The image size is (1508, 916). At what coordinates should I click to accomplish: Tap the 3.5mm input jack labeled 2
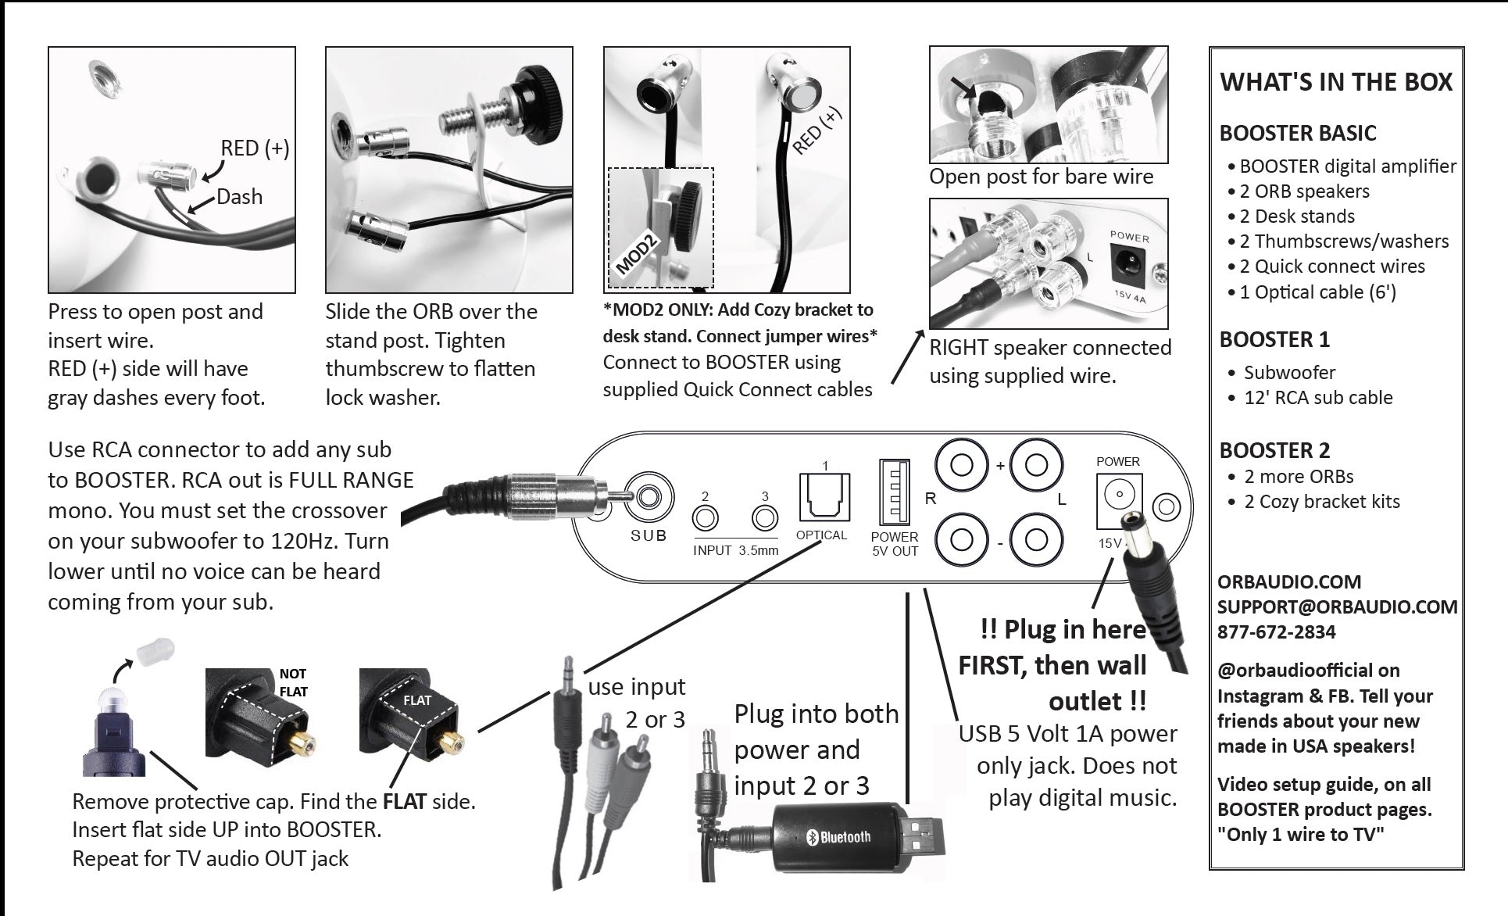[x=705, y=518]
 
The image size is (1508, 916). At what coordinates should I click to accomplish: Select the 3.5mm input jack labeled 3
[x=765, y=518]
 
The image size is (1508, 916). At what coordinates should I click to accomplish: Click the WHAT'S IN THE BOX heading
[x=1336, y=83]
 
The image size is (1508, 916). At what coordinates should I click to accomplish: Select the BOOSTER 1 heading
[x=1274, y=340]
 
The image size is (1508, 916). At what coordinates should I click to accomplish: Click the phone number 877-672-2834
[x=1276, y=632]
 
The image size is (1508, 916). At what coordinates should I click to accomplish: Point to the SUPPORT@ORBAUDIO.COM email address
[x=1337, y=607]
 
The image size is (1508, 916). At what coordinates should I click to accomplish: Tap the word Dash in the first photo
[x=239, y=197]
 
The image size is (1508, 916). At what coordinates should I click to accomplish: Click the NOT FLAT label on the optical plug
[x=293, y=682]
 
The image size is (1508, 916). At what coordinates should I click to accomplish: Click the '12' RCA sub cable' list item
[x=1318, y=398]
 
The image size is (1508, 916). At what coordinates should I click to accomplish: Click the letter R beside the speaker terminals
[x=930, y=499]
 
